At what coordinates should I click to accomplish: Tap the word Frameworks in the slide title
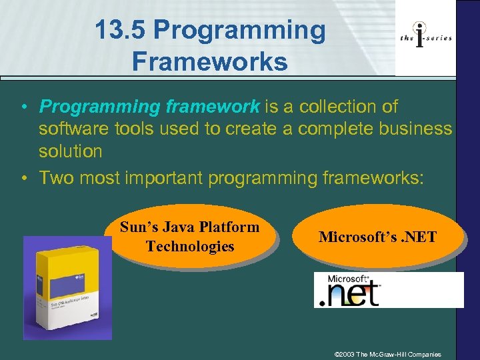210,61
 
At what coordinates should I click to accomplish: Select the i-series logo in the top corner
425,37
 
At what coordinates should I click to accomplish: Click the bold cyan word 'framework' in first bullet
216,107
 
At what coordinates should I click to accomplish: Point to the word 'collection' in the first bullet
333,107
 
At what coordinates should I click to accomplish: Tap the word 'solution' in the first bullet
70,151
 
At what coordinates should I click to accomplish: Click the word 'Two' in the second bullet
56,177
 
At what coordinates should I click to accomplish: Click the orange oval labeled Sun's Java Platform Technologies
189,237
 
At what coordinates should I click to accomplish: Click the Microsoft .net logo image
388,290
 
